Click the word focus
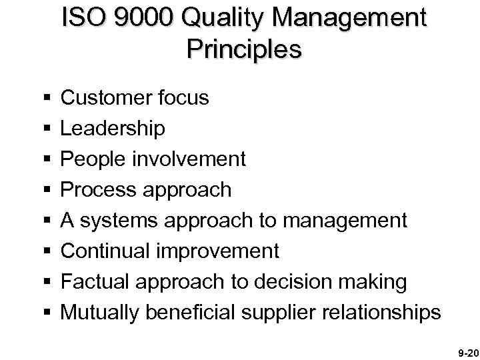click(186, 99)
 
